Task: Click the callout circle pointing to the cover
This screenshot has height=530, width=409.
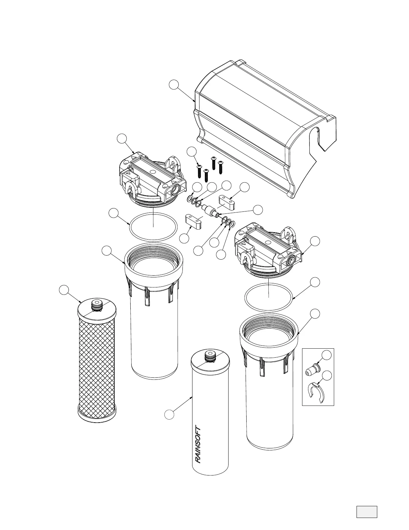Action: click(173, 85)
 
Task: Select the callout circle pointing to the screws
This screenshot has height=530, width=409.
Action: click(191, 152)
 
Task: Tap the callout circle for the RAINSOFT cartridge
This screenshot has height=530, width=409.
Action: click(169, 415)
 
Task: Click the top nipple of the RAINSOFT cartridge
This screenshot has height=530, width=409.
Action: click(210, 356)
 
